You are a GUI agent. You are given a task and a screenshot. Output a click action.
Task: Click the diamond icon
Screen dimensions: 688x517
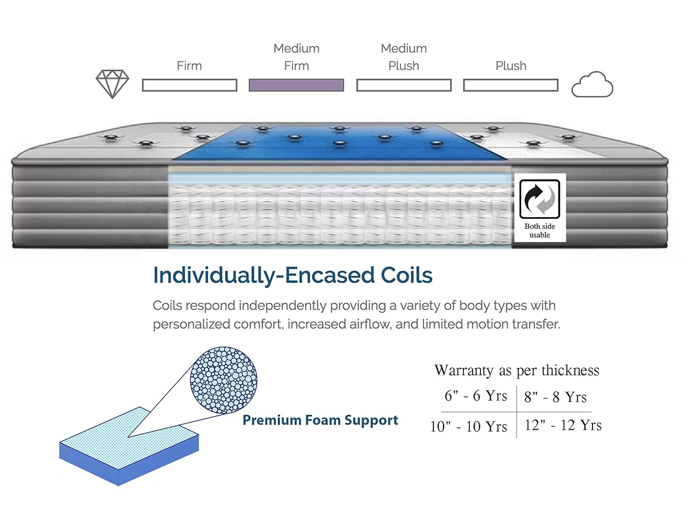tap(112, 84)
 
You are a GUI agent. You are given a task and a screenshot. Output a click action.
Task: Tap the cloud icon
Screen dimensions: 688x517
tap(592, 85)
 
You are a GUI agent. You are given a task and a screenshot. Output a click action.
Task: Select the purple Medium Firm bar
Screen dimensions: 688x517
tap(296, 85)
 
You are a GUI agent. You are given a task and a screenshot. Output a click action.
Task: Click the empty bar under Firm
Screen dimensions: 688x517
tap(189, 85)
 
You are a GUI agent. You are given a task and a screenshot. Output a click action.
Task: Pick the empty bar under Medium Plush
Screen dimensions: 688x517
tap(404, 85)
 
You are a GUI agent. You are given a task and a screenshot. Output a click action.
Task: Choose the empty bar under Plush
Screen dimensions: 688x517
tap(510, 85)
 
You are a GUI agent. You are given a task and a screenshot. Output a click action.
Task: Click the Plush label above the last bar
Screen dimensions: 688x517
tap(511, 66)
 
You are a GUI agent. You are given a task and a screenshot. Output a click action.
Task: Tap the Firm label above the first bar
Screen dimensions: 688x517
tap(189, 66)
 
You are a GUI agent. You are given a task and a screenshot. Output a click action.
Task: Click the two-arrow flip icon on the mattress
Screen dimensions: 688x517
tap(540, 199)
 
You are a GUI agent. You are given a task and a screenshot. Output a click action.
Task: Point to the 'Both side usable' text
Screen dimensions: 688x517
tap(540, 230)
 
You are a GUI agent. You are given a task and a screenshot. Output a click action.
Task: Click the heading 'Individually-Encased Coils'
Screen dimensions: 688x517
tap(293, 275)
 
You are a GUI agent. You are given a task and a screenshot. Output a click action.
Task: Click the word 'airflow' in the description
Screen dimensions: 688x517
tap(370, 324)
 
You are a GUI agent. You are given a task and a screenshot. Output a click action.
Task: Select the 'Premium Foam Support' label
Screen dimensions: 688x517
tap(320, 420)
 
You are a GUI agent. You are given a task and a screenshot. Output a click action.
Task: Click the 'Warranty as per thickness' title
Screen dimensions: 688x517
tap(516, 370)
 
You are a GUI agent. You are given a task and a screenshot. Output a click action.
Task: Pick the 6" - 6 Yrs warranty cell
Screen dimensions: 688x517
tap(476, 396)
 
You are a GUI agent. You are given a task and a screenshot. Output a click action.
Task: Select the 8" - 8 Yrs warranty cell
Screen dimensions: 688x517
tap(555, 397)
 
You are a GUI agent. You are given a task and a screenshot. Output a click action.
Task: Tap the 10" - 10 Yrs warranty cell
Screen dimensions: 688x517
tap(469, 426)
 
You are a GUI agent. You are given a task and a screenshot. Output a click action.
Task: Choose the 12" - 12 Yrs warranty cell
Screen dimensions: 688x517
tap(563, 425)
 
